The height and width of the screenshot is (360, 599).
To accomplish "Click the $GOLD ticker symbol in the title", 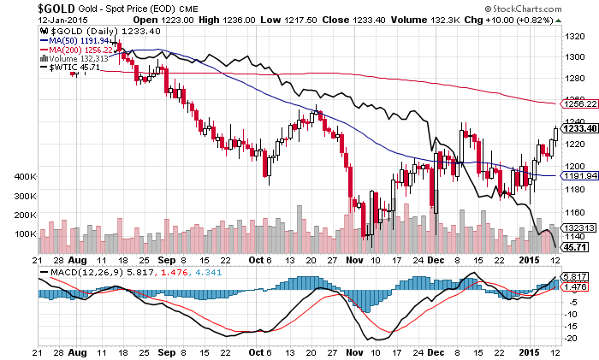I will coord(31,9).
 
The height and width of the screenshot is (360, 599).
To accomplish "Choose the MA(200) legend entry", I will coord(76,50).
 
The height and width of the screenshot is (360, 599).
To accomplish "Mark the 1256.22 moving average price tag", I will coord(578,104).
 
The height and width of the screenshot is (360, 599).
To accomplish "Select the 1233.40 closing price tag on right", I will coord(578,129).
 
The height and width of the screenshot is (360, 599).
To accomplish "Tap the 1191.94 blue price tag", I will coord(578,175).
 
